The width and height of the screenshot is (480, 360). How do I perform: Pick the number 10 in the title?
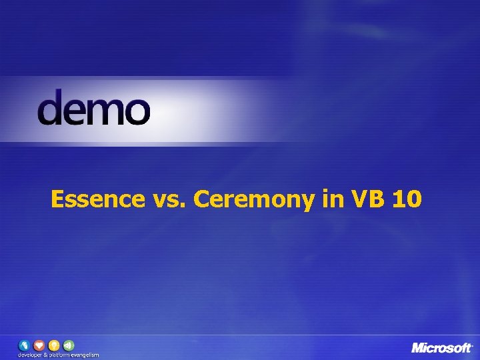click(x=407, y=199)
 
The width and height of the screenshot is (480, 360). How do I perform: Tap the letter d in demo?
click(x=51, y=107)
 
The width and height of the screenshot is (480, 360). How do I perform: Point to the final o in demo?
click(x=137, y=111)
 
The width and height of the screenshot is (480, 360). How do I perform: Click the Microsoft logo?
click(x=442, y=348)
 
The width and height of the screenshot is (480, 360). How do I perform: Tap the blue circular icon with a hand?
click(x=25, y=345)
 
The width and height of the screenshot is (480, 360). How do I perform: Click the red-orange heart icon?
click(x=39, y=345)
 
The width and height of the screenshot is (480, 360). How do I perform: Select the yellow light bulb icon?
click(x=54, y=345)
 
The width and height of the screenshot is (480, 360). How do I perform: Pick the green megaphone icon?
click(x=69, y=345)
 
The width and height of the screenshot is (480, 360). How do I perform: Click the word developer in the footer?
click(x=30, y=355)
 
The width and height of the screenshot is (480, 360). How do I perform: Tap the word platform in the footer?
click(x=59, y=355)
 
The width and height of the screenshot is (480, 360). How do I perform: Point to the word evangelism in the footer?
click(x=86, y=355)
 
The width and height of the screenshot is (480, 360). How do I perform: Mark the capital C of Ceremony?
click(x=202, y=199)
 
